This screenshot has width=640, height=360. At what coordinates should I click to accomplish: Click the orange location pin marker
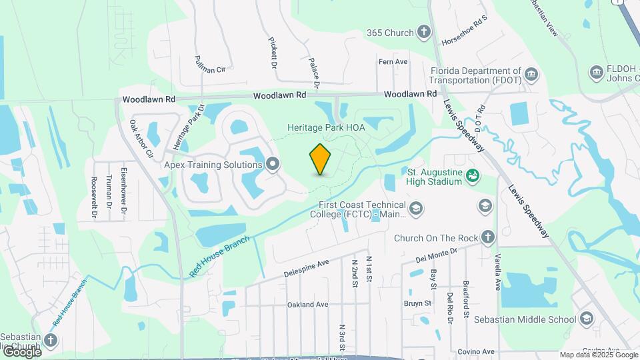click(321, 159)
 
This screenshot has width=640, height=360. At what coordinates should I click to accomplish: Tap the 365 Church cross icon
click(424, 32)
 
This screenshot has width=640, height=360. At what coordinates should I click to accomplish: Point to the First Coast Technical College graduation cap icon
click(416, 209)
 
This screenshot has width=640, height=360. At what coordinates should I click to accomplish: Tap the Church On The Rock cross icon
click(488, 237)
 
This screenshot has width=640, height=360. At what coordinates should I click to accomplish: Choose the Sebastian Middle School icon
click(586, 319)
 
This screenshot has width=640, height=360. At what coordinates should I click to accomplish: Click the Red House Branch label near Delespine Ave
click(219, 256)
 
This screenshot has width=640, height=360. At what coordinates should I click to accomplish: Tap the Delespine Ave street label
click(307, 268)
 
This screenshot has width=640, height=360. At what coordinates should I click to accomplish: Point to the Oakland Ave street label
click(308, 305)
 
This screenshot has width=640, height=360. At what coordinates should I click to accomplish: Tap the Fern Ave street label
click(393, 62)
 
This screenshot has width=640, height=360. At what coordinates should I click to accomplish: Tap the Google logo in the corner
click(21, 352)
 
